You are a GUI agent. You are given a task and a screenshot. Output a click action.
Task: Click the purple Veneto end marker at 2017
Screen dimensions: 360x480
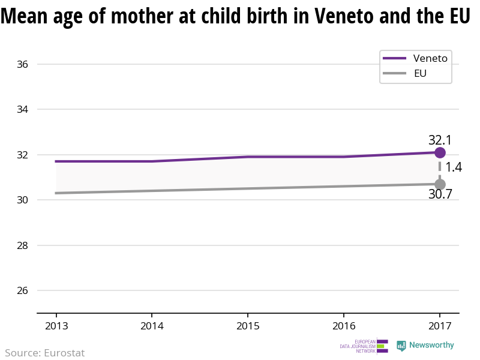click(x=440, y=152)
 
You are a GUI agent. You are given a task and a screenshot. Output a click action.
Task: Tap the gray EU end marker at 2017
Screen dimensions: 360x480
click(x=440, y=184)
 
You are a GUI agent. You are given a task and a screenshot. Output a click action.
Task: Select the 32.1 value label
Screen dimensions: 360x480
click(x=440, y=140)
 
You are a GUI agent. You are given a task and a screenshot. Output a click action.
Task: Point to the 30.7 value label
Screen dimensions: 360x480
click(x=440, y=194)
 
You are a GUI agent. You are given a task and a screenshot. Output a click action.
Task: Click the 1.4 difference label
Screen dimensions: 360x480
click(x=454, y=167)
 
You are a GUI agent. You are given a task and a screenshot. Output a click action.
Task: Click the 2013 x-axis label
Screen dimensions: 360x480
click(x=56, y=326)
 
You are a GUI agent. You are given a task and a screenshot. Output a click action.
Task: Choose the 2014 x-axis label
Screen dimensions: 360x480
click(x=152, y=326)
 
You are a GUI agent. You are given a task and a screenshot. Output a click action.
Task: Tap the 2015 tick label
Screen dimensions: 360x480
click(x=248, y=326)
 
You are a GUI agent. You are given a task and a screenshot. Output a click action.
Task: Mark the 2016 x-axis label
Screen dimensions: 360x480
click(x=343, y=326)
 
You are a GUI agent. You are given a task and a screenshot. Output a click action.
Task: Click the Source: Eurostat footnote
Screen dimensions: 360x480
click(x=45, y=353)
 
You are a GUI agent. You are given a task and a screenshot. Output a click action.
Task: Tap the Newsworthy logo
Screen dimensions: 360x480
click(x=425, y=346)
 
